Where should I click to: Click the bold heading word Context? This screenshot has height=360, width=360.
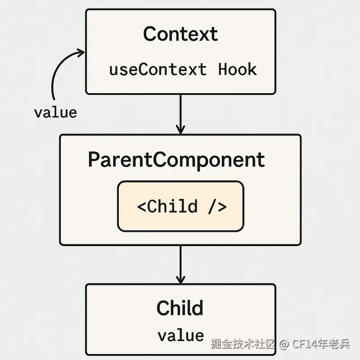pyautogui.click(x=180, y=34)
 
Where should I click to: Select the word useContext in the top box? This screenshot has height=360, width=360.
pyautogui.click(x=158, y=69)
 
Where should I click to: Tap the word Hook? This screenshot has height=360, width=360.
pyautogui.click(x=238, y=69)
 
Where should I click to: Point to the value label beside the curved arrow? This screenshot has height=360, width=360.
pyautogui.click(x=55, y=112)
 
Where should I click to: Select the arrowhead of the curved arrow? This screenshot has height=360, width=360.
pyautogui.click(x=81, y=53)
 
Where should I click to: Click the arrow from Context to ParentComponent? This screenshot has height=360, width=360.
pyautogui.click(x=180, y=114)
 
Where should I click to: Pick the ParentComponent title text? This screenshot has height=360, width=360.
pyautogui.click(x=176, y=160)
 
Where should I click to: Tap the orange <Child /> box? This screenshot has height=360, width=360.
pyautogui.click(x=180, y=206)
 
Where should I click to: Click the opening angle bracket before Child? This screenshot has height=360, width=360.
pyautogui.click(x=141, y=207)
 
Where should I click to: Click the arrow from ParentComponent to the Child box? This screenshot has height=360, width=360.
pyautogui.click(x=180, y=265)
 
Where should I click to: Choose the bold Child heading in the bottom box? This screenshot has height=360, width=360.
pyautogui.click(x=180, y=308)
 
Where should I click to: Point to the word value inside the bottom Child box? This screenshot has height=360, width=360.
pyautogui.click(x=181, y=335)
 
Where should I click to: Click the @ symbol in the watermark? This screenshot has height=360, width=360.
pyautogui.click(x=284, y=344)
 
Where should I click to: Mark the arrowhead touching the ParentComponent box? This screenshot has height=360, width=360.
pyautogui.click(x=180, y=130)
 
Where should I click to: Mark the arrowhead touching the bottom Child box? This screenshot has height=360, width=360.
pyautogui.click(x=180, y=279)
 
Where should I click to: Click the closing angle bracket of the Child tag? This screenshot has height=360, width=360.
pyautogui.click(x=222, y=207)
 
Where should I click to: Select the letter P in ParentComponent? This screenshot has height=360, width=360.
pyautogui.click(x=94, y=159)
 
